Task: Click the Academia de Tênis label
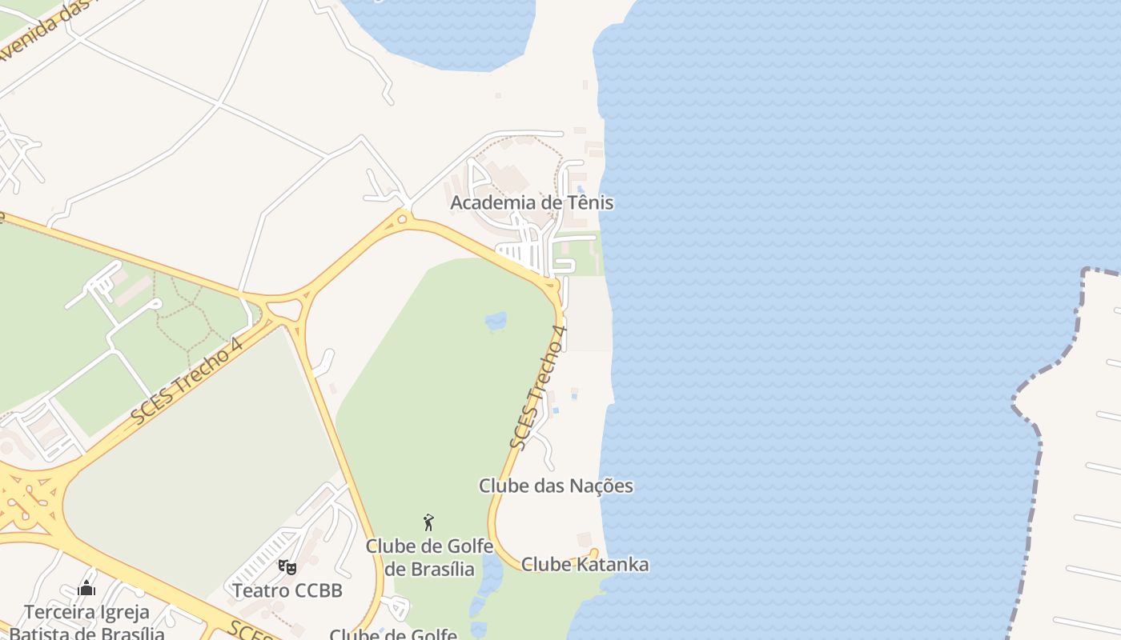pyautogui.click(x=532, y=202)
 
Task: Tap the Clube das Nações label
pyautogui.click(x=556, y=486)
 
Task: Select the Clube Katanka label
pyautogui.click(x=585, y=564)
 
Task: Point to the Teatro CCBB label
pyautogui.click(x=287, y=590)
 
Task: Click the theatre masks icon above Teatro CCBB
pyautogui.click(x=287, y=567)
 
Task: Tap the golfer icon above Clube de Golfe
pyautogui.click(x=428, y=522)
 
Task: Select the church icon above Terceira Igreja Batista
pyautogui.click(x=86, y=589)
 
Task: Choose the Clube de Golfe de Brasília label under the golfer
pyautogui.click(x=429, y=558)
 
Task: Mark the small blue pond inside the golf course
pyautogui.click(x=496, y=321)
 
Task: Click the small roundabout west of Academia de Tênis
pyautogui.click(x=402, y=216)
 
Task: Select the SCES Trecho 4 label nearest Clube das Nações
pyautogui.click(x=538, y=387)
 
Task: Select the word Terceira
pyautogui.click(x=56, y=613)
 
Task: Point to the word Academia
pyautogui.click(x=493, y=202)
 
